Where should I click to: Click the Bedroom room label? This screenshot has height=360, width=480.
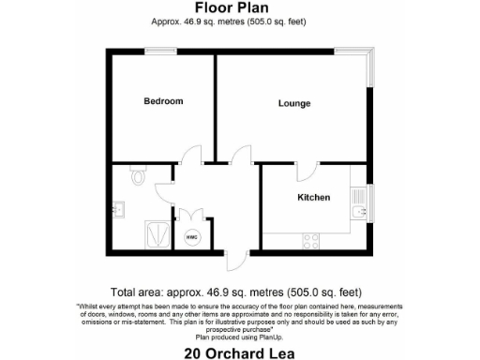[x=162, y=101]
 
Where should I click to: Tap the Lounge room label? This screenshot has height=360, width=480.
[x=293, y=103]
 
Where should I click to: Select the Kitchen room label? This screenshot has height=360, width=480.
[x=313, y=198]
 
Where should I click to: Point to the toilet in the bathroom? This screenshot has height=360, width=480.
[x=138, y=174]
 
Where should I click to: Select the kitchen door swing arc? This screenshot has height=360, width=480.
[x=305, y=171]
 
